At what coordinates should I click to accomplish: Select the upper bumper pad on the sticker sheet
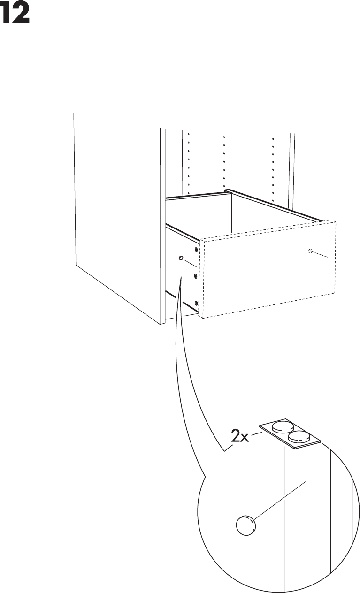point(281,427)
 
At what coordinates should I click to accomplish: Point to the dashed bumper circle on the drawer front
point(310,251)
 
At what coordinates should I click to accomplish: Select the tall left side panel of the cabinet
point(117,211)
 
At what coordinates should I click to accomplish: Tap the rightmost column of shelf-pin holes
point(273,164)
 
